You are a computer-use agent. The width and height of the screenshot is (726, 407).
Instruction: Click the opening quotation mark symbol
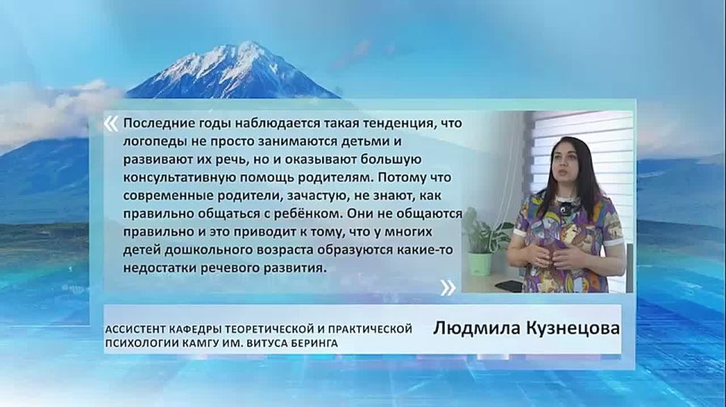tap(110, 123)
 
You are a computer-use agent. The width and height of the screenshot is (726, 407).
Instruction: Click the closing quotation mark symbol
tap(448, 287)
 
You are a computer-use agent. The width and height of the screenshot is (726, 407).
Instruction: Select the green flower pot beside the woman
tap(479, 263)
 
